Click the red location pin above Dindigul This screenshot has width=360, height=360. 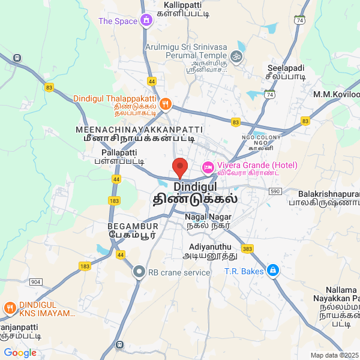179,167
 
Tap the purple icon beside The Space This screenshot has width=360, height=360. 146,22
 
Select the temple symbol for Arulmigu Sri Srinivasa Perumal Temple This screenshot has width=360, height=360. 236,57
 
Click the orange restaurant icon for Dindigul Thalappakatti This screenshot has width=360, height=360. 166,104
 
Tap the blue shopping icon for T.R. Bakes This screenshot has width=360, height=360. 273,271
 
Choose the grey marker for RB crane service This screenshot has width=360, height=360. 139,272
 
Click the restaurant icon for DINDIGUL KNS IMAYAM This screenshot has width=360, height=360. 10,308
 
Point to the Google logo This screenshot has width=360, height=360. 20,353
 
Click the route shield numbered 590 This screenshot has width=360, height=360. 275,191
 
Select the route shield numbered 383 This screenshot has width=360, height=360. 247,248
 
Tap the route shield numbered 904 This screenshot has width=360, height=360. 35,281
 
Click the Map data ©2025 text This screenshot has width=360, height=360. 335,355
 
